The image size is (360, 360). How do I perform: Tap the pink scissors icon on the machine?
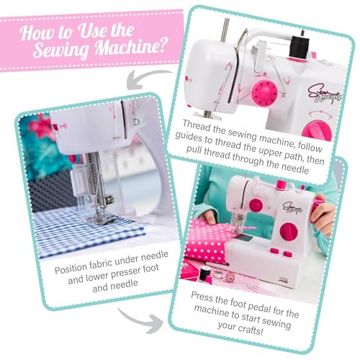[x=63, y=127]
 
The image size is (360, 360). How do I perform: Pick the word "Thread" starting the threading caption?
[x=197, y=127]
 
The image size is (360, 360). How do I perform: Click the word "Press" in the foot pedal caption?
[x=202, y=297]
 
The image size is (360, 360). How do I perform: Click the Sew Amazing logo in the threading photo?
[x=325, y=94]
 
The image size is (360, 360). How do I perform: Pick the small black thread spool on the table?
[x=205, y=274]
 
